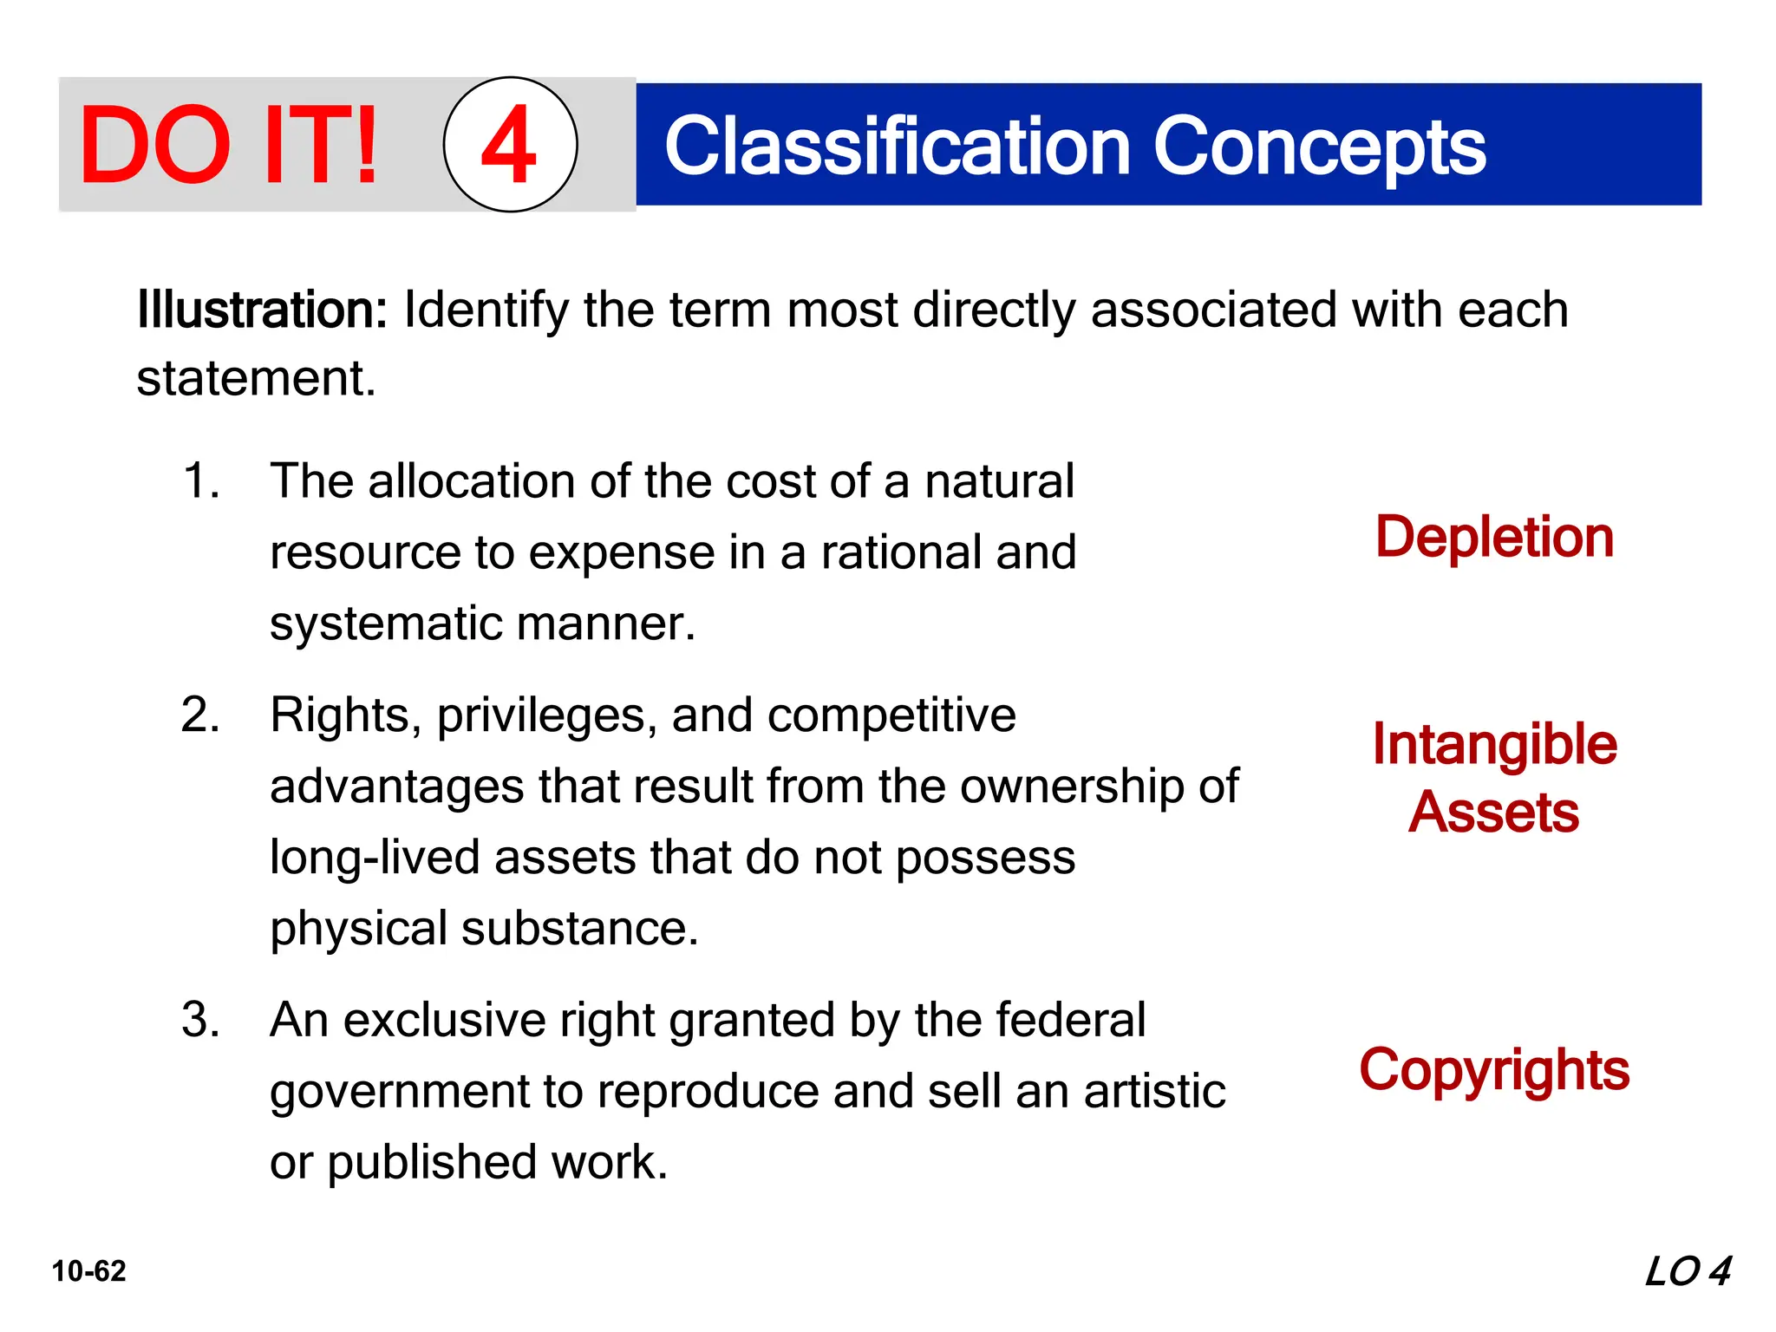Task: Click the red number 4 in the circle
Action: [x=509, y=145]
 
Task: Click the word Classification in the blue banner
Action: [x=898, y=147]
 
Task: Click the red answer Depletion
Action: [x=1494, y=537]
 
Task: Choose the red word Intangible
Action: [x=1494, y=744]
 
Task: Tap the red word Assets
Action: [x=1493, y=813]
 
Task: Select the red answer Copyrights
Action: [x=1494, y=1070]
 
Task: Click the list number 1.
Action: [x=200, y=480]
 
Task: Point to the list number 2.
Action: [x=200, y=715]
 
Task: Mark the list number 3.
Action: [x=200, y=1020]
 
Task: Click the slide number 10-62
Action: [x=88, y=1271]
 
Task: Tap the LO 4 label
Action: [x=1688, y=1271]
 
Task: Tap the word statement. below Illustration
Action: [x=257, y=379]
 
